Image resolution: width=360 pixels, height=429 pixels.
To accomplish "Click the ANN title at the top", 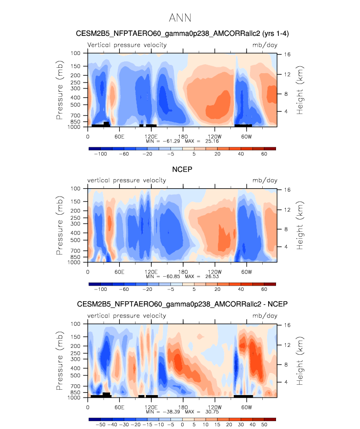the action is (180, 18).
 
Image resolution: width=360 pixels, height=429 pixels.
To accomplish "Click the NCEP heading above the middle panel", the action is (182, 170).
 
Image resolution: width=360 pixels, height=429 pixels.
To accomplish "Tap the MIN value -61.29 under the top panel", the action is (171, 141).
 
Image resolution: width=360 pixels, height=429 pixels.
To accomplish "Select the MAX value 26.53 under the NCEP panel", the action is (212, 276).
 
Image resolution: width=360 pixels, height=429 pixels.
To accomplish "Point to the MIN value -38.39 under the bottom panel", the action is (171, 412).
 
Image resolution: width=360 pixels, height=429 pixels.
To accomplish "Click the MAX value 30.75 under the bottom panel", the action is (212, 412).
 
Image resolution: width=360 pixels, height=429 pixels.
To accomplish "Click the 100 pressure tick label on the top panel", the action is (76, 53).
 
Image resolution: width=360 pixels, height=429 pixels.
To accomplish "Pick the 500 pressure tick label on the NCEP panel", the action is (76, 240).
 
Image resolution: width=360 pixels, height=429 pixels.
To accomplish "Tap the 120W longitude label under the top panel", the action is (215, 137).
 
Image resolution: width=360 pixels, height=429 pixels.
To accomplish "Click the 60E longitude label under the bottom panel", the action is (119, 407).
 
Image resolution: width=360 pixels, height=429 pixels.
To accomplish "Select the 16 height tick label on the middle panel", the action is (287, 190).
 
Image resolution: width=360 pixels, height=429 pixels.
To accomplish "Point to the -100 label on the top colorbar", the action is (100, 154).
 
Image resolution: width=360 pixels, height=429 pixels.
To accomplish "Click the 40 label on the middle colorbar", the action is (241, 289).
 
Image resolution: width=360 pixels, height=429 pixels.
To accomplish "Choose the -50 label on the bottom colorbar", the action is (100, 425).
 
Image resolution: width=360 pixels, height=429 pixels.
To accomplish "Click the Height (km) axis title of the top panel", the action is (300, 90).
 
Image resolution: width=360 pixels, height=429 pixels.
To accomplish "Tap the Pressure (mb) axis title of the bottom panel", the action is (59, 361).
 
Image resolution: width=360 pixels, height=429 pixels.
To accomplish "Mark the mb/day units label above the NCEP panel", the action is (265, 180).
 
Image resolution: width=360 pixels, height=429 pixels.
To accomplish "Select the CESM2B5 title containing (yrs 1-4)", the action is (182, 33).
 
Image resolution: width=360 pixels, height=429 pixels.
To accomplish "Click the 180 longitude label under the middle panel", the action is (183, 272).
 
